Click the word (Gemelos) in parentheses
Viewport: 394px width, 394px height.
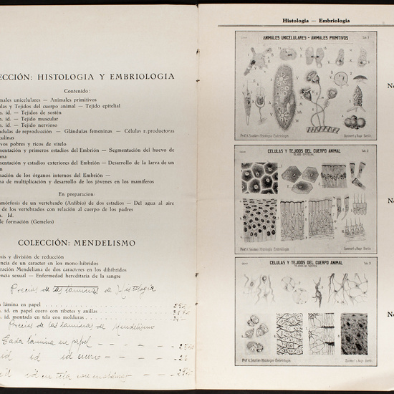(x=54, y=223)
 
